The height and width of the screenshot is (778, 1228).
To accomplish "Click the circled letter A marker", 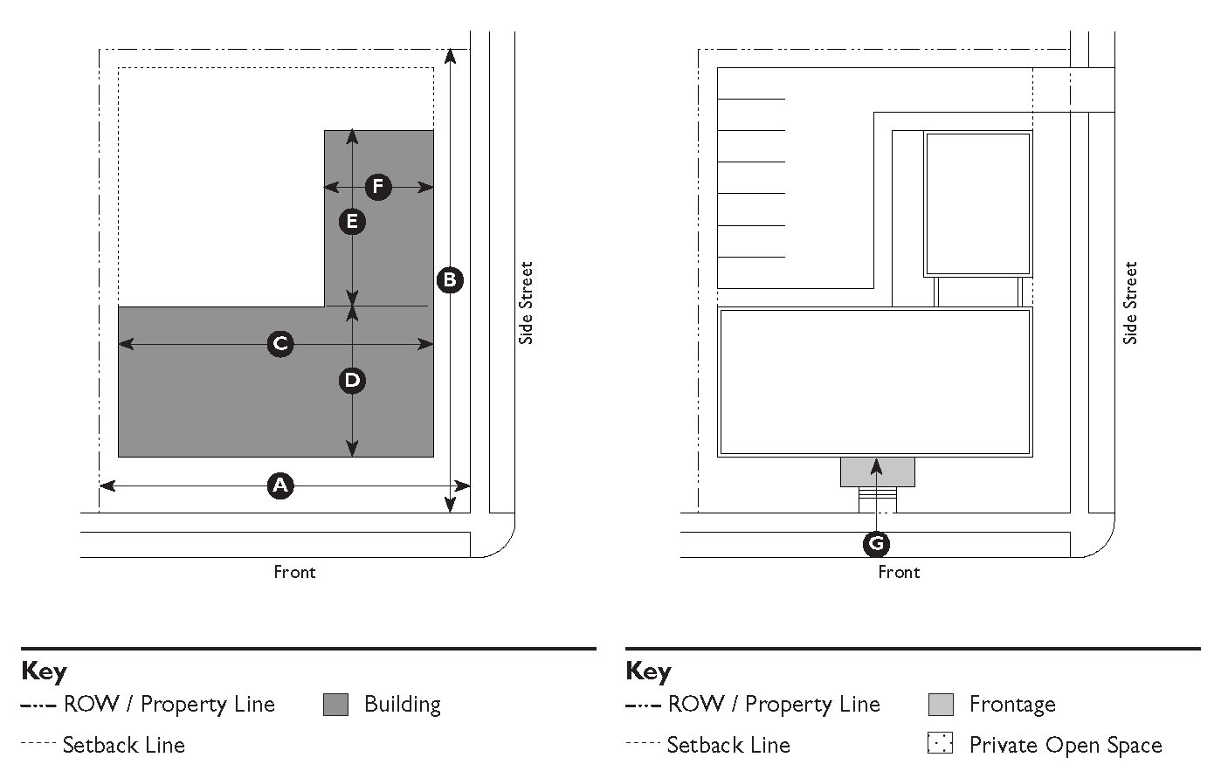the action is click(x=279, y=485).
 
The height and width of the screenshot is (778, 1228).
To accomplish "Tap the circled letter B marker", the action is click(x=450, y=280).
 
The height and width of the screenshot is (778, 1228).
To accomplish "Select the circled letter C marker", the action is click(x=280, y=344).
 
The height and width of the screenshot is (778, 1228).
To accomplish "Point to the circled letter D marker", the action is click(x=352, y=380).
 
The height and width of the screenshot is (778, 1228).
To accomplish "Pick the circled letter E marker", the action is click(x=352, y=222).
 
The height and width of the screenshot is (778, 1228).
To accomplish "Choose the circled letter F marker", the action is click(x=378, y=187).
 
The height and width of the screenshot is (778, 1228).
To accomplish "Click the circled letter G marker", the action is click(x=876, y=544).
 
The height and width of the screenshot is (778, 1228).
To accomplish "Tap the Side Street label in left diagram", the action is click(x=526, y=303).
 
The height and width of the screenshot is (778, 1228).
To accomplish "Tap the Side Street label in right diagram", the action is click(x=1130, y=303).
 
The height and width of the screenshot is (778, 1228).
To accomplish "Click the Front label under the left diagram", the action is click(x=294, y=572).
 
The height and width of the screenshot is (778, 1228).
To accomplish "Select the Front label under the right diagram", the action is click(x=899, y=572).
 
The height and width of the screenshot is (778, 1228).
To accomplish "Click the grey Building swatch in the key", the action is click(x=335, y=705).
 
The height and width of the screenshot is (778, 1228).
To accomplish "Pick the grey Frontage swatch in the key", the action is click(x=941, y=705).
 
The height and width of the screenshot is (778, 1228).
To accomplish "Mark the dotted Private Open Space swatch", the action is click(x=941, y=744).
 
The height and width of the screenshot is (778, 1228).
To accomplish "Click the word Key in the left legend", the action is click(x=44, y=671).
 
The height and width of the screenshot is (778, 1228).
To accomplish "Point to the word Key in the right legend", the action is click(x=648, y=671).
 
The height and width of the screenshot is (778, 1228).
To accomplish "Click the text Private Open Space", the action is click(x=1066, y=746).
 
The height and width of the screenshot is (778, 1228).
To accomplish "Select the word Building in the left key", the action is click(x=403, y=705).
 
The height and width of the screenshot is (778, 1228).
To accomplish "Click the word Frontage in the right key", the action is click(x=1012, y=705).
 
